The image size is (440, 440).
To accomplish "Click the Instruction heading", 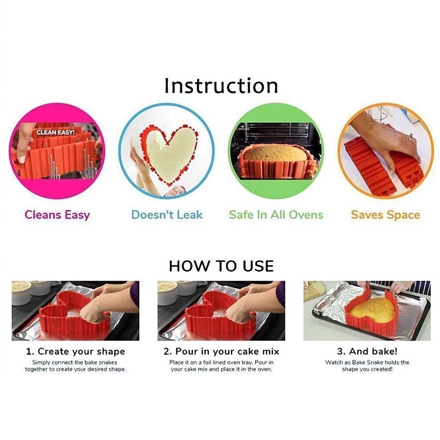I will point(221,86).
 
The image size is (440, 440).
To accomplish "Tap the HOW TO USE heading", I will point(221,266).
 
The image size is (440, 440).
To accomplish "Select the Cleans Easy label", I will point(57,215).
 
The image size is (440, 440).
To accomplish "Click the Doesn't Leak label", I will point(167,215).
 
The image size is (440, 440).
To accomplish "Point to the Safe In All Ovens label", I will point(276,215).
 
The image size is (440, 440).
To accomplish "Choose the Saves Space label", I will point(385,215).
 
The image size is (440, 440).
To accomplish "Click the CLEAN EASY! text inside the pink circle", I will point(55,133).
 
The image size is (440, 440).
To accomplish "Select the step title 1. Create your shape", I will point(75,351).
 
